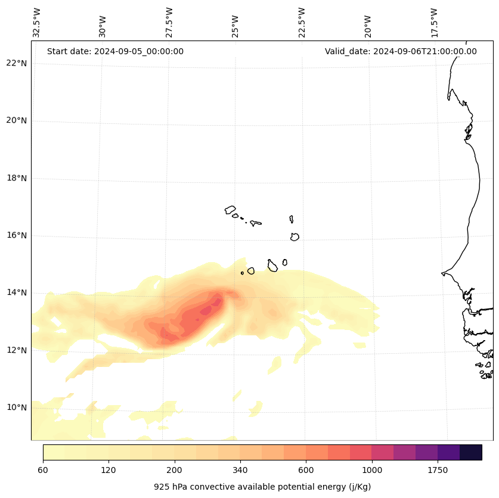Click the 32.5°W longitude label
pos(37,23)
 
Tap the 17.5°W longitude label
pos(435,23)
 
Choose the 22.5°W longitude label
pos(302,23)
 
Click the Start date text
pos(115,51)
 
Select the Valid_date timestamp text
pos(401,51)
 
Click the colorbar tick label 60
pos(43,470)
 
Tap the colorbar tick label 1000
pos(372,470)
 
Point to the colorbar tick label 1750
pos(438,470)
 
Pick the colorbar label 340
pos(240,470)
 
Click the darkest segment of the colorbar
pos(471,452)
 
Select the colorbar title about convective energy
pos(262,487)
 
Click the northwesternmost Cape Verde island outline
pos(230,210)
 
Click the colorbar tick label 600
pos(306,470)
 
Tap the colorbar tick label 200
pos(174,470)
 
